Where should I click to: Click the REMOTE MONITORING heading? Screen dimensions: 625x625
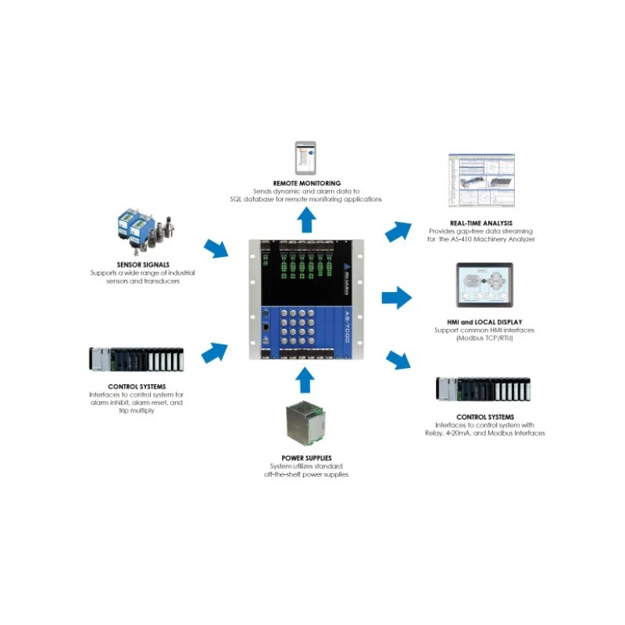pos(305,183)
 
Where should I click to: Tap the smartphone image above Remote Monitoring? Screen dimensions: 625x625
pos(305,158)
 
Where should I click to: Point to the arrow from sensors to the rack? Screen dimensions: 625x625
pos(216,251)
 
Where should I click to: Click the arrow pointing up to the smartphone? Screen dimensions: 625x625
pos(305,222)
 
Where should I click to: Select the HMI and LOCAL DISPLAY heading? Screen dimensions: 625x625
pos(478,322)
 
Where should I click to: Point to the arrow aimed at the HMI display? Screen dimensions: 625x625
pos(396,298)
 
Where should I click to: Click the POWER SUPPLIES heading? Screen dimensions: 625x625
pos(305,458)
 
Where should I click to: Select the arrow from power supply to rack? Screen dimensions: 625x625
pos(305,380)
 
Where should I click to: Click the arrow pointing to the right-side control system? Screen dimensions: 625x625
pos(398,359)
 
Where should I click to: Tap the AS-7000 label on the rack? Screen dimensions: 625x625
pos(347,327)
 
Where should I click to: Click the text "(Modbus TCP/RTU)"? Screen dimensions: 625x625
pos(478,339)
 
